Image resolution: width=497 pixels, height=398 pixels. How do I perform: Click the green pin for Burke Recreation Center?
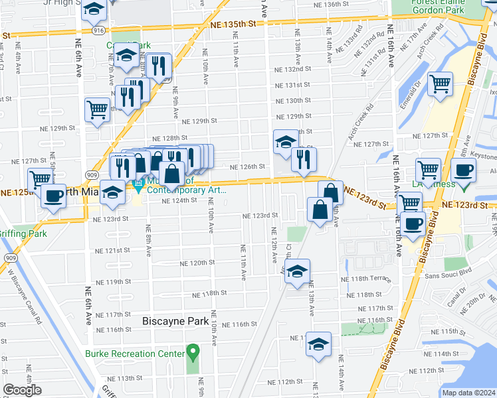tap(193, 351)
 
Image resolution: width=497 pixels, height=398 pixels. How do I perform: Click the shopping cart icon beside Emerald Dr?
tap(439, 84)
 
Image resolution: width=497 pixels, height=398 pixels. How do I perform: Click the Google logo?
tap(22, 390)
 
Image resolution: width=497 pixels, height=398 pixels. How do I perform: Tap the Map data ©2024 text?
tap(468, 393)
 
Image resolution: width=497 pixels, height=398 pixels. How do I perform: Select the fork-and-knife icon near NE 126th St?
tap(304, 159)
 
